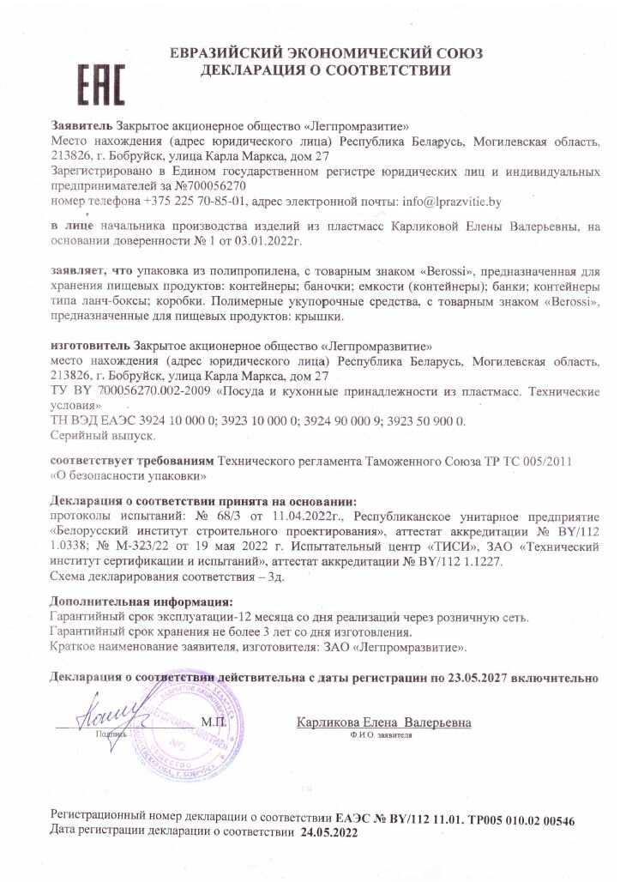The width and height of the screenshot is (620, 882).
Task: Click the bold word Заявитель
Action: (81, 124)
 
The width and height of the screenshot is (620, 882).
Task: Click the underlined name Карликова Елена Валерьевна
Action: (383, 722)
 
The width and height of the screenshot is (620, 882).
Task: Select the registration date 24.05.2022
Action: (328, 832)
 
